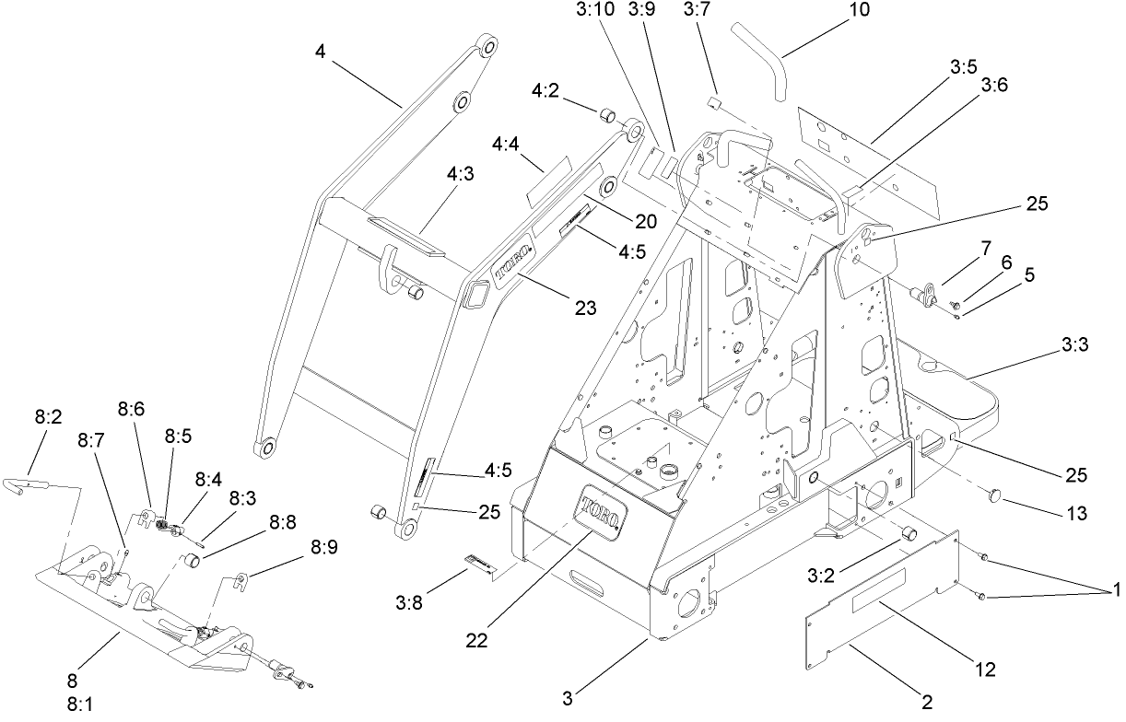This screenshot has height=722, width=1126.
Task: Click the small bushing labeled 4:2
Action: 606,115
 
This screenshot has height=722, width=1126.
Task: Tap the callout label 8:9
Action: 324,546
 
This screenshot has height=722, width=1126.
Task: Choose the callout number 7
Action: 986,249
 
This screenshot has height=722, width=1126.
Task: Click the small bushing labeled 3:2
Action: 908,533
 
